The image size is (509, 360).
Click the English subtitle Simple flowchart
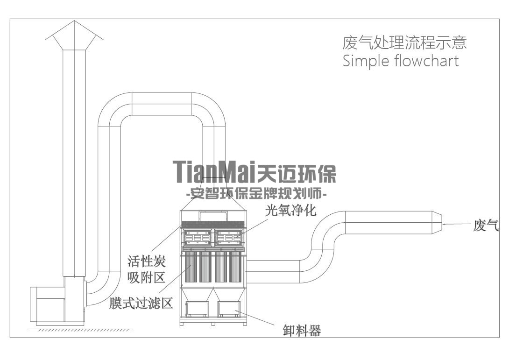[x=401, y=61]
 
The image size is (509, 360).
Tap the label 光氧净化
[x=291, y=210]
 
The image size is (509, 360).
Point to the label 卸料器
[x=302, y=331]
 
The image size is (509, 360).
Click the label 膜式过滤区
[x=141, y=304]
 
